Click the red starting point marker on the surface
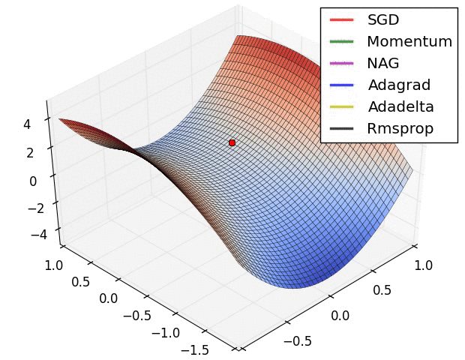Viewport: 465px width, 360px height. (x=232, y=142)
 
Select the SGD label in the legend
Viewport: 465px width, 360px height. (x=383, y=19)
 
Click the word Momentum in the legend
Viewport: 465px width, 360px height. (x=409, y=41)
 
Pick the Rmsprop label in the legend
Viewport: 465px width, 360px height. (x=400, y=128)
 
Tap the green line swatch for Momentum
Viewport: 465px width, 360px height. (x=342, y=42)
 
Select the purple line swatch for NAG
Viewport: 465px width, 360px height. (x=342, y=64)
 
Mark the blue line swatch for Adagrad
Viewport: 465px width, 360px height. (x=342, y=85)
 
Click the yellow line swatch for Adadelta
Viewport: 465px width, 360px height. (x=342, y=107)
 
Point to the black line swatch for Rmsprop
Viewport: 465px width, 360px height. (x=342, y=129)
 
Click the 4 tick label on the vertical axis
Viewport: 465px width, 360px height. (x=27, y=125)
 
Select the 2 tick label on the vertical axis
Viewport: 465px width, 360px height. (x=30, y=153)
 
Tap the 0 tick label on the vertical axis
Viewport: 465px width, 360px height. (x=33, y=181)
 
